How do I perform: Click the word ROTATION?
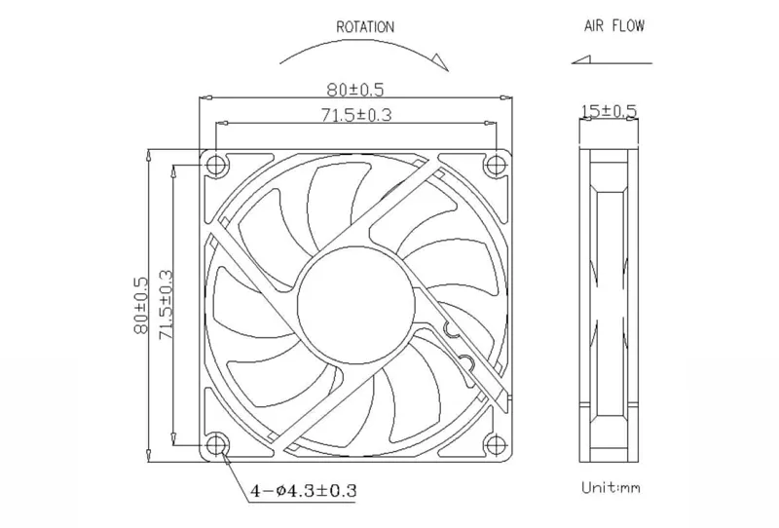coord(365,27)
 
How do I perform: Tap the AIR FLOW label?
coord(614,26)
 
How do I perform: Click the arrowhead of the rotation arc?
coord(440,61)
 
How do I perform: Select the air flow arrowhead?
coord(580,59)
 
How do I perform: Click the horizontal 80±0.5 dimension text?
coord(355,90)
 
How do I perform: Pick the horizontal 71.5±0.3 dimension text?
coord(356,115)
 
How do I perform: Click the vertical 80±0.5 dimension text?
coord(141,305)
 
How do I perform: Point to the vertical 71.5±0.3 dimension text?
coord(166,305)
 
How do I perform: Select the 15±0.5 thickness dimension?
coord(609,111)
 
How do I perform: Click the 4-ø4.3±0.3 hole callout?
coord(303,491)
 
